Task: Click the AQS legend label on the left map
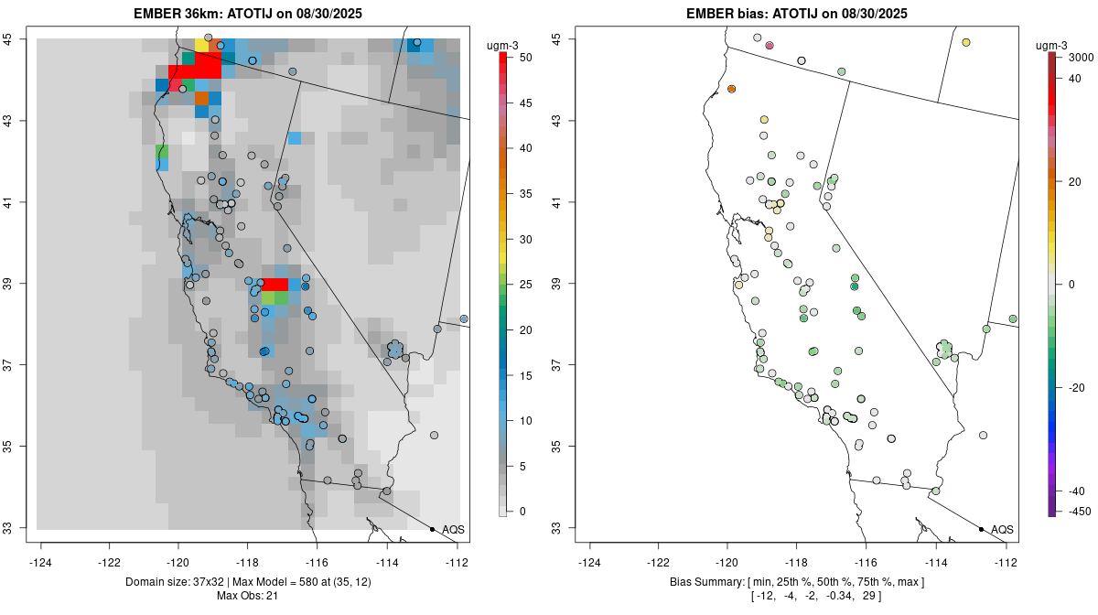[x=453, y=530]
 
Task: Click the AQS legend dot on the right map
[x=981, y=530]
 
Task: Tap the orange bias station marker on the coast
[x=732, y=89]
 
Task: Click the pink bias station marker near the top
[x=770, y=45]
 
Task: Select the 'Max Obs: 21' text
[x=247, y=596]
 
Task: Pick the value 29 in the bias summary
[x=871, y=596]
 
